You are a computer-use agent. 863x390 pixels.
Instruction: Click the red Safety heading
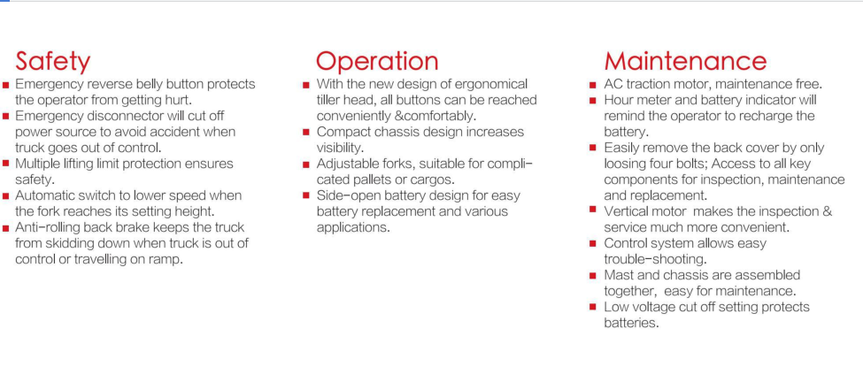53,61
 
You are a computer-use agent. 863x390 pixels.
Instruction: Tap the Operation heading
377,61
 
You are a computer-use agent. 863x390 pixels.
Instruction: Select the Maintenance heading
685,60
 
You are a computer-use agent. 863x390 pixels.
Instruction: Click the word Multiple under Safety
35,164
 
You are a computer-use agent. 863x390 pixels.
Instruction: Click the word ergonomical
491,84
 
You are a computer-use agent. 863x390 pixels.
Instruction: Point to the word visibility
339,148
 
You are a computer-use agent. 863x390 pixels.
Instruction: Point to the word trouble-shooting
655,259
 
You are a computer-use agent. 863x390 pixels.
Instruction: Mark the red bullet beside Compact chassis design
306,133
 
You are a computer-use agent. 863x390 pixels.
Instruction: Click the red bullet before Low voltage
593,307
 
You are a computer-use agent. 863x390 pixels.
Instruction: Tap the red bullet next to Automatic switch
6,195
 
